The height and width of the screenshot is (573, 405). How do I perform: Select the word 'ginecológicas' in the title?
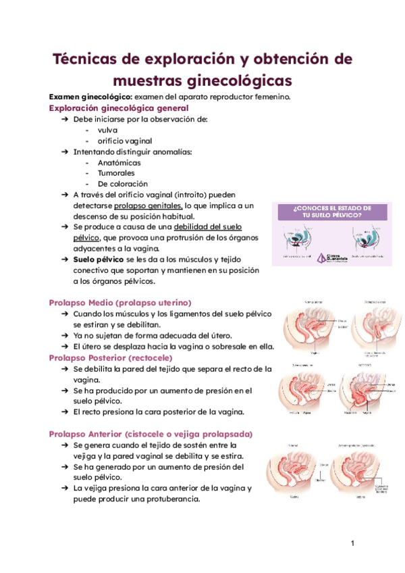(236, 80)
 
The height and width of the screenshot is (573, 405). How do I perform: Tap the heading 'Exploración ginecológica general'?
(119, 107)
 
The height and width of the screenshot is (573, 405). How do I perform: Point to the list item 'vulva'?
(107, 130)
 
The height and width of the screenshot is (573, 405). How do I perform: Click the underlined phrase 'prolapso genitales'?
(148, 205)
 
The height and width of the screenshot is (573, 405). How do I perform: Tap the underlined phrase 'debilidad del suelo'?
(208, 227)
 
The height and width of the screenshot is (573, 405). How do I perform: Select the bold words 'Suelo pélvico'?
(99, 259)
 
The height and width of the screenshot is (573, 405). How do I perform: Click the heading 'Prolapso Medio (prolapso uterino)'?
(121, 302)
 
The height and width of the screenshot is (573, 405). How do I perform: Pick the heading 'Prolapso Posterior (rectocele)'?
(111, 357)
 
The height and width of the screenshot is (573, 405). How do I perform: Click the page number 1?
(352, 544)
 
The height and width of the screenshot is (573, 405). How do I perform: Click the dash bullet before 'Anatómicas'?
(89, 163)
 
